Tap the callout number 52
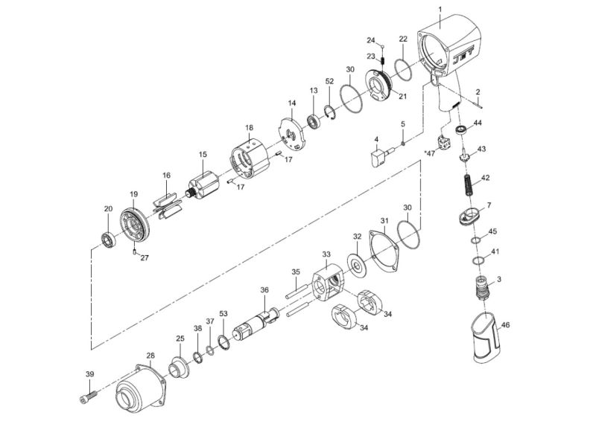click(x=329, y=81)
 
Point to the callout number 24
click(x=370, y=39)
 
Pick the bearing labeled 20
click(x=110, y=240)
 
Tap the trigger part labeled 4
click(x=379, y=157)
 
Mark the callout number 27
click(x=145, y=258)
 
